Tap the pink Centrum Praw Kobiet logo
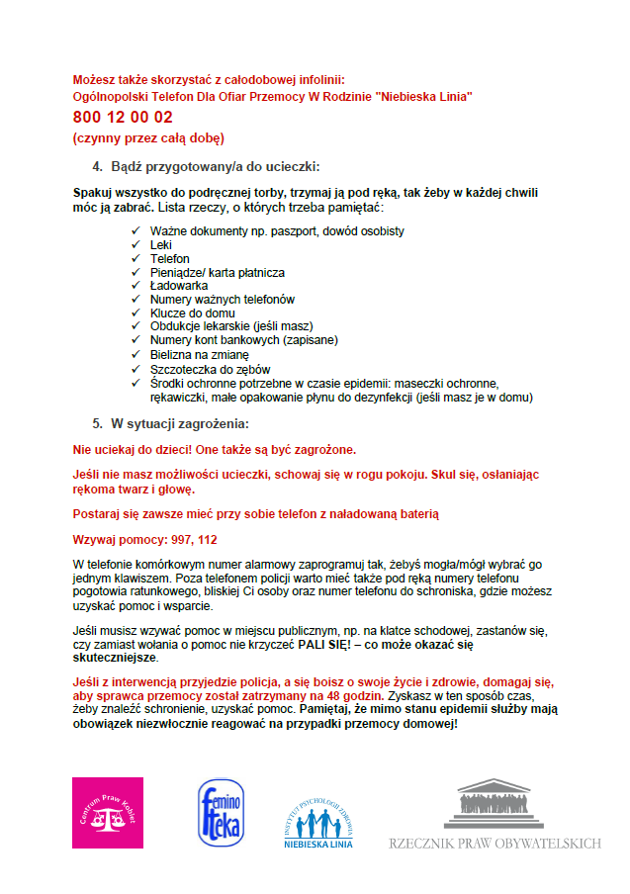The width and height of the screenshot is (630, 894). click(x=108, y=812)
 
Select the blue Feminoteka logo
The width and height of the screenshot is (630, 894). click(x=221, y=813)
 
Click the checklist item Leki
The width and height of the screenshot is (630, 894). click(x=161, y=244)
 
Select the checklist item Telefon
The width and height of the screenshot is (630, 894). click(x=170, y=258)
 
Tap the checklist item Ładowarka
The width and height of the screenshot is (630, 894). click(x=179, y=286)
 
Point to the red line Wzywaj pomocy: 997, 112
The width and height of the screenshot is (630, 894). click(x=145, y=540)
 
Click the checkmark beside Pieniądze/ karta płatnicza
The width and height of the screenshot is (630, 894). click(x=135, y=272)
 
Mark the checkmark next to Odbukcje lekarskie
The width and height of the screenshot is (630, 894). click(x=135, y=326)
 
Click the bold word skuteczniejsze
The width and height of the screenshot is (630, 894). click(x=116, y=658)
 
